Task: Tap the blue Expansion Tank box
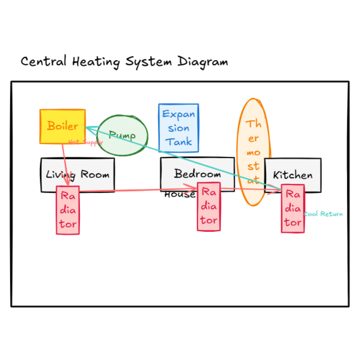pyautogui.click(x=179, y=128)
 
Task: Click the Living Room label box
pyautogui.click(x=77, y=175)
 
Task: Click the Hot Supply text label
pyautogui.click(x=85, y=142)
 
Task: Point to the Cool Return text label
pyautogui.click(x=323, y=214)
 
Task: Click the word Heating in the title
pyautogui.click(x=96, y=62)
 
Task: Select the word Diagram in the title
pyautogui.click(x=202, y=62)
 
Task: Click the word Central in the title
pyautogui.click(x=44, y=62)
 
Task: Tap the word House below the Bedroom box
pyautogui.click(x=180, y=194)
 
